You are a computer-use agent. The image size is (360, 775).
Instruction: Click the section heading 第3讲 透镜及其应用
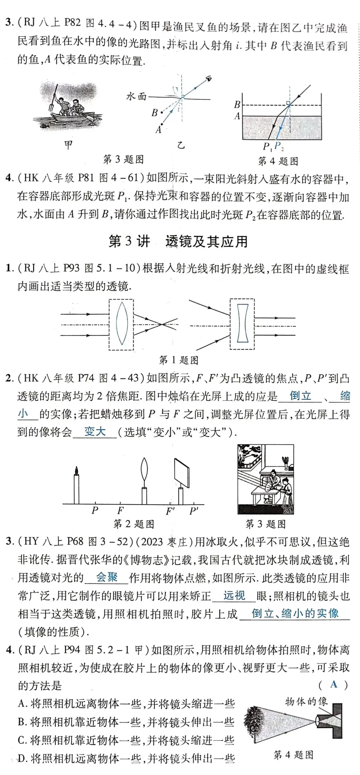178,241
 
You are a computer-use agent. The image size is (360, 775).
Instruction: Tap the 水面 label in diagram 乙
136,97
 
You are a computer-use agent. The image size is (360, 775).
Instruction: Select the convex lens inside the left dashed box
122,323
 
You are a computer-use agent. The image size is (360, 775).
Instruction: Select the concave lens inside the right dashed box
242,323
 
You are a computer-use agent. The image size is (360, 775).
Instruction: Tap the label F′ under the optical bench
170,511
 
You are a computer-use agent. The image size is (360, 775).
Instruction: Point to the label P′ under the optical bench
194,511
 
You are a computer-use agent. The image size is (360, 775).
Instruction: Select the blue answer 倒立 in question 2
300,396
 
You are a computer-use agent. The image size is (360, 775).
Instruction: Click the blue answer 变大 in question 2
95,432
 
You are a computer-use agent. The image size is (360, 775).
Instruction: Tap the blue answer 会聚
107,577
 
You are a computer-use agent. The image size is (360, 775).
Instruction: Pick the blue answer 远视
234,595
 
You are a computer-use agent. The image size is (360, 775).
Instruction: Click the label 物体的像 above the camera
306,701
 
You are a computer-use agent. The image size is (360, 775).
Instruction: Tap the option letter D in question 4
22,759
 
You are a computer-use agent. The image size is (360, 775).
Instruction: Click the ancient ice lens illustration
265,479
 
